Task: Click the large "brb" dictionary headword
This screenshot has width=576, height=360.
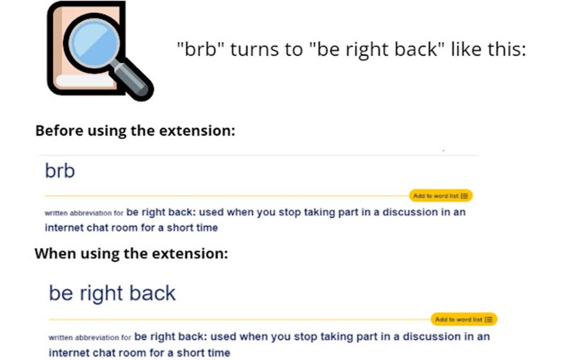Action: [59, 170]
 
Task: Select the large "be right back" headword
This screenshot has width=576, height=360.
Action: [112, 293]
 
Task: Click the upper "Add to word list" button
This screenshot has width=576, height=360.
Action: [440, 196]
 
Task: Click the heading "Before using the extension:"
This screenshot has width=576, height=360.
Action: [135, 131]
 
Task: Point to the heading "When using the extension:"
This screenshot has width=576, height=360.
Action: [131, 253]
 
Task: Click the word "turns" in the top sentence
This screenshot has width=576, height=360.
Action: [255, 50]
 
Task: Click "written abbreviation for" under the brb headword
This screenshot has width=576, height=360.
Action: [84, 214]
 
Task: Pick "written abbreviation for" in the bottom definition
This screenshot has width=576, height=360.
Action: [90, 338]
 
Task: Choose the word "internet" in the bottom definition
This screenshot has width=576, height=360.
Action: [68, 353]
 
